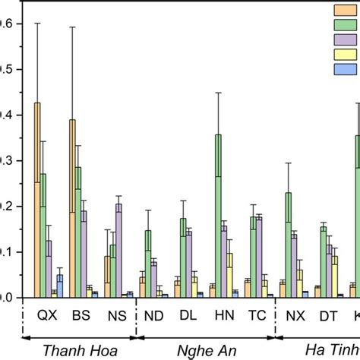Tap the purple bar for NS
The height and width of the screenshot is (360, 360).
click(118, 250)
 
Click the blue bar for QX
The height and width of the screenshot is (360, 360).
click(60, 286)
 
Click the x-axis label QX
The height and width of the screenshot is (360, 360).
click(47, 313)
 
